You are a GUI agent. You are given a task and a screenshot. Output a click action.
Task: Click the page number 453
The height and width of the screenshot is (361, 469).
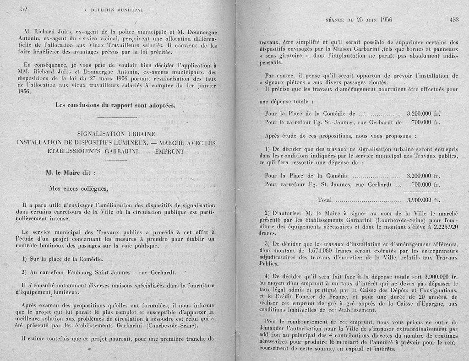point(454,20)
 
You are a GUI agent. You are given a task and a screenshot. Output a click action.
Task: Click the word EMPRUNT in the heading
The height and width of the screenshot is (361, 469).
point(170,151)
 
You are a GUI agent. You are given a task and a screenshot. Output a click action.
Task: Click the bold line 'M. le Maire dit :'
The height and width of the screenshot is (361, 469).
point(71,173)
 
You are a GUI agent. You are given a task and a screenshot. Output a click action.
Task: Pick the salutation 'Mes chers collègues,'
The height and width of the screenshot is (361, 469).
point(78,189)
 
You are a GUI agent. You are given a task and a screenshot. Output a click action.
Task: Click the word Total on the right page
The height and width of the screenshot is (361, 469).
point(325,199)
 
